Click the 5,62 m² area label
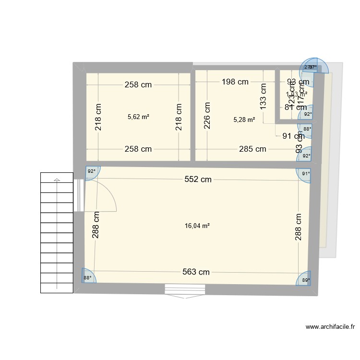[x=138, y=116]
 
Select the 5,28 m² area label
[x=244, y=120]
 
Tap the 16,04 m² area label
[x=197, y=225]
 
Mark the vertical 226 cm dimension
[x=207, y=115]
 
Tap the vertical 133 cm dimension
[x=263, y=96]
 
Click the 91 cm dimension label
[x=293, y=135]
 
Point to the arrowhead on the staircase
[x=57, y=181]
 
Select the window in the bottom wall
[x=185, y=289]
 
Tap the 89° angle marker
[x=305, y=279]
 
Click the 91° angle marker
[x=306, y=174]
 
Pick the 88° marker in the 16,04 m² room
[x=87, y=277]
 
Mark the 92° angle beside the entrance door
[x=91, y=171]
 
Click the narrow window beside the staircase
[x=78, y=195]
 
